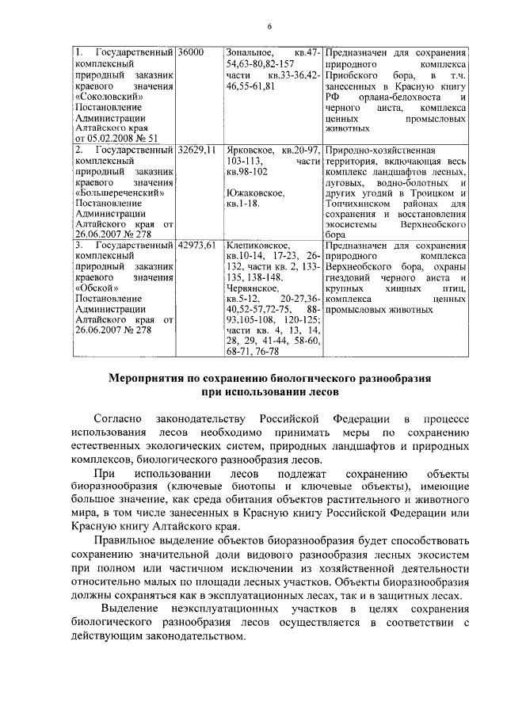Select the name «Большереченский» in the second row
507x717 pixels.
tap(119, 192)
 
